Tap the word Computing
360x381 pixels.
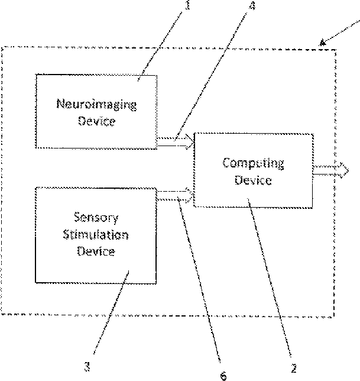coord(253,163)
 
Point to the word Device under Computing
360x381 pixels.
coord(253,180)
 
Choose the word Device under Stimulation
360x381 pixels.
coord(95,251)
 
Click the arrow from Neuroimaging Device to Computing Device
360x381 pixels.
coord(175,141)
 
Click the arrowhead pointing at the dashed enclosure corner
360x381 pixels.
coord(323,42)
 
